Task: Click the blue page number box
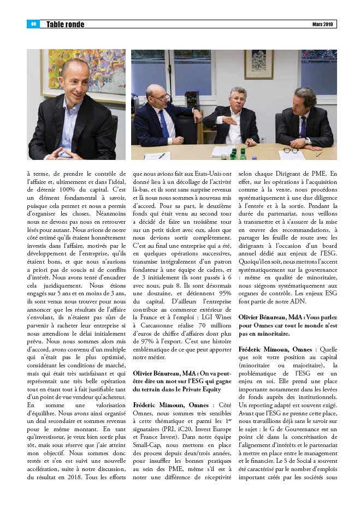tap(33, 24)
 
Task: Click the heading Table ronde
tap(65, 25)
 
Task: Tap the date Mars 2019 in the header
tap(322, 25)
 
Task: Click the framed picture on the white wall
tap(258, 64)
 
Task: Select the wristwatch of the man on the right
tap(308, 141)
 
